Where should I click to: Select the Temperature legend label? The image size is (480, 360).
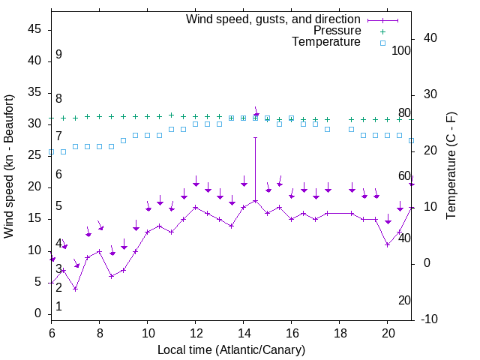(326, 42)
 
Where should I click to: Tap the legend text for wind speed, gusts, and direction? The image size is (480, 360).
(273, 19)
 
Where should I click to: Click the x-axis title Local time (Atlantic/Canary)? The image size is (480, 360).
(231, 350)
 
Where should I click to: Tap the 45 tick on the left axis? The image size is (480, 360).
(34, 29)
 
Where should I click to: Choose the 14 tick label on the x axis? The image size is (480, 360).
(243, 333)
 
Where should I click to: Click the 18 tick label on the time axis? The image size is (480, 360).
(340, 333)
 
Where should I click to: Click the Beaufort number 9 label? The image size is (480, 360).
(58, 55)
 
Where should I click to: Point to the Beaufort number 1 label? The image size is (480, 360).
(58, 307)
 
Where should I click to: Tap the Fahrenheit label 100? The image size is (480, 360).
(401, 50)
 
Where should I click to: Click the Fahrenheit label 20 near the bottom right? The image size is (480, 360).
(404, 301)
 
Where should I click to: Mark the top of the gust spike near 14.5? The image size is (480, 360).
(255, 137)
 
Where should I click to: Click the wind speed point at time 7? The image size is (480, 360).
(75, 289)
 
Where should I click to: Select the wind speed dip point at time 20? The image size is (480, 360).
(387, 244)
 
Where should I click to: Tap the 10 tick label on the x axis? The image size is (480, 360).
(147, 333)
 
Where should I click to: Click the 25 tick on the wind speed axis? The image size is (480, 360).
(34, 155)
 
